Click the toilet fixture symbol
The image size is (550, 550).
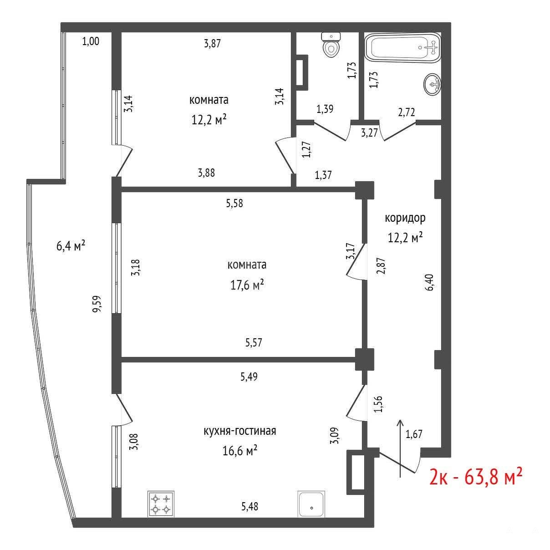coord(331,45)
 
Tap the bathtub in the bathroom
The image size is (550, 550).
coord(403,48)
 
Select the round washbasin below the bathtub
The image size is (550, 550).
coord(433,84)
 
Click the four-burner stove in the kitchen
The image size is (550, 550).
coord(161,503)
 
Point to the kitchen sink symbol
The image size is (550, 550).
coord(311,504)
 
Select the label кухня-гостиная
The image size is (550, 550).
coord(240,431)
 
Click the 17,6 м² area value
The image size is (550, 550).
coord(247,285)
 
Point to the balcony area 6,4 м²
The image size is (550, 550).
coord(71,245)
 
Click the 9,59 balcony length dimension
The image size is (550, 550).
coord(97,304)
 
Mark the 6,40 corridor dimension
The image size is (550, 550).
coord(429,282)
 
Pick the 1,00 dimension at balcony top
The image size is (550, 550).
coord(91,41)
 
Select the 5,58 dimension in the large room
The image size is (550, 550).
coord(234,203)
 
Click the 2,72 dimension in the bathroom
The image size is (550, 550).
coord(407,112)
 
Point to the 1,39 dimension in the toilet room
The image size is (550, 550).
coord(325,109)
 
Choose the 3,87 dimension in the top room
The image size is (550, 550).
coord(213,43)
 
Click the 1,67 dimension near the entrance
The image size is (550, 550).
coord(414,434)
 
